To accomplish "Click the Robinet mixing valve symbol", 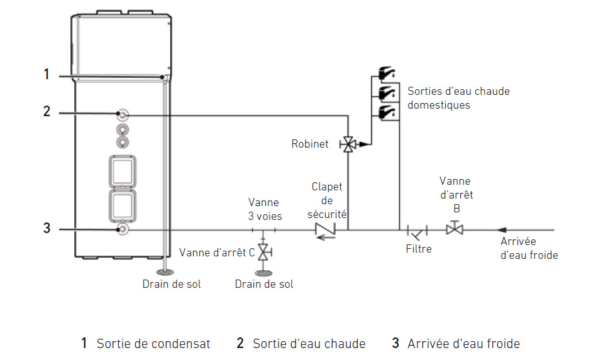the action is pyautogui.click(x=348, y=145).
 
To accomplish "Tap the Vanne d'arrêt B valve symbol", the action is pyautogui.click(x=455, y=228).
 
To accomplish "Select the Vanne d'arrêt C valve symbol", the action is pyautogui.click(x=264, y=252).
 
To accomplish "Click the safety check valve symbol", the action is pyautogui.click(x=325, y=231).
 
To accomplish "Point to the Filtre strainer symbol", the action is pyautogui.click(x=417, y=232).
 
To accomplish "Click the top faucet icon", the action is pyautogui.click(x=387, y=73).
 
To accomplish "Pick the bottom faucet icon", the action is pyautogui.click(x=387, y=112).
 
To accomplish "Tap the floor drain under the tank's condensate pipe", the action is pyautogui.click(x=165, y=272).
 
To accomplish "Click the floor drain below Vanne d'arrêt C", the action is pyautogui.click(x=263, y=273).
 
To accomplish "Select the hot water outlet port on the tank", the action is pyautogui.click(x=123, y=114).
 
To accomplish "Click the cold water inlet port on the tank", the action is pyautogui.click(x=123, y=229).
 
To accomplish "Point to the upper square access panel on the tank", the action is pyautogui.click(x=123, y=172).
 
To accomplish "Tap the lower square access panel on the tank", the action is pyautogui.click(x=123, y=206).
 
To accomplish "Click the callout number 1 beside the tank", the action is pyautogui.click(x=47, y=74).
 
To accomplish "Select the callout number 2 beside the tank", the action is pyautogui.click(x=47, y=111).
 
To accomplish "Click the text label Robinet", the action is pyautogui.click(x=310, y=144).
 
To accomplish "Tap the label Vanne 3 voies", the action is pyautogui.click(x=265, y=209).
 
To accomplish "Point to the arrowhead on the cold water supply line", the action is pyautogui.click(x=502, y=230).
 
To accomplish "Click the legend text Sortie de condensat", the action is pyautogui.click(x=153, y=344).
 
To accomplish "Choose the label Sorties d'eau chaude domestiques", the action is pyautogui.click(x=458, y=98).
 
